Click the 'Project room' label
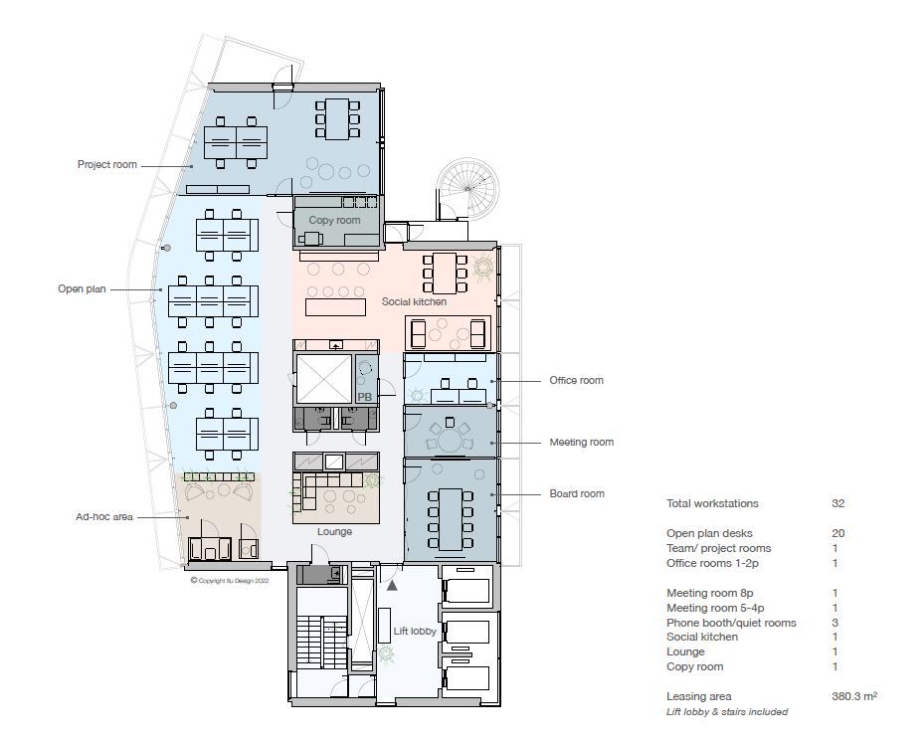point(107,164)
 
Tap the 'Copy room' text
point(334,220)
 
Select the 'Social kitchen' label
point(414,301)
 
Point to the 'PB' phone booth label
point(365,397)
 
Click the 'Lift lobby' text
point(415,632)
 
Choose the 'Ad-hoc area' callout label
point(104,517)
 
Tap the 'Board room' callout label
point(577,494)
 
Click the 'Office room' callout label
point(576,380)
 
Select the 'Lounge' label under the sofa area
point(335,531)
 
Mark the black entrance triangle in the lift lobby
point(392,585)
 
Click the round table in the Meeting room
point(450,441)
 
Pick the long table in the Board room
point(451,519)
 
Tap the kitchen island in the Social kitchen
point(335,307)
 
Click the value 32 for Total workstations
point(837,503)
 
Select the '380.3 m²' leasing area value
point(854,696)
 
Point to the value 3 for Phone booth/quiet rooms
point(835,623)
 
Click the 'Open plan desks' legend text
point(709,533)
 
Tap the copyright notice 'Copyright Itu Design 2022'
point(230,581)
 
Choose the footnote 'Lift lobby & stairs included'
point(727,712)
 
